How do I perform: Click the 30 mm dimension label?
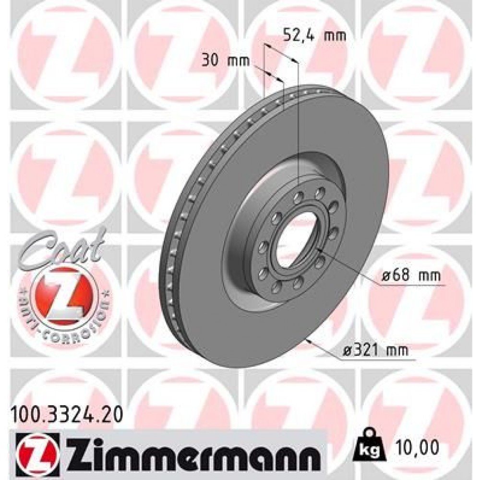coord(226,60)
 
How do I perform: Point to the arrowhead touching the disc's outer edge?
coord(310,341)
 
